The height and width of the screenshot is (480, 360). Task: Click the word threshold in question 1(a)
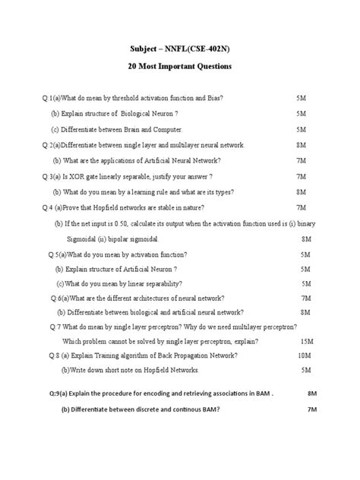(124, 99)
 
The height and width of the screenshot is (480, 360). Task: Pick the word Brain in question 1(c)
(128, 130)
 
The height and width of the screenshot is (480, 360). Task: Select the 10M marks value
(305, 355)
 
